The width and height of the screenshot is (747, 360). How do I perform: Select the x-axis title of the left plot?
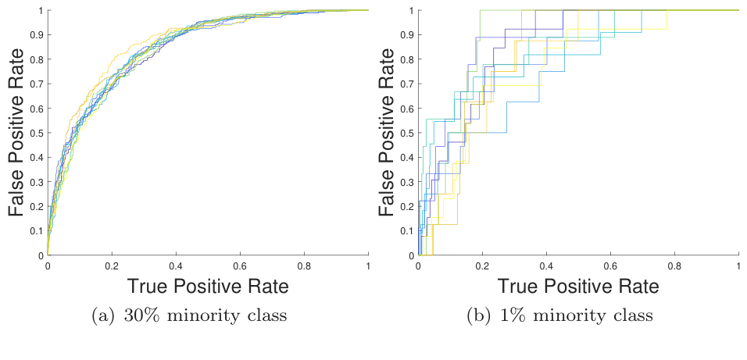point(208,286)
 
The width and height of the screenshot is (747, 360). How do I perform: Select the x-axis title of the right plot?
point(578,286)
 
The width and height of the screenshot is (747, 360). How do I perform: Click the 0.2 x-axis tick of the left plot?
point(112,265)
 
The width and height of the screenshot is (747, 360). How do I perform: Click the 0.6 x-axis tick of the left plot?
point(240,265)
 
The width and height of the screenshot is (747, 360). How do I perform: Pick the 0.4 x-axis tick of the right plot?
point(546,265)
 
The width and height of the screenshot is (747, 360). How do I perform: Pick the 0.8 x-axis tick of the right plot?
point(674,265)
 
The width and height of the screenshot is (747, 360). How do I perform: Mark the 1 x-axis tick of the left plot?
point(368,265)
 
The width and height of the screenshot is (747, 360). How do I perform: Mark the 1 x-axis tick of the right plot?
point(738,265)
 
